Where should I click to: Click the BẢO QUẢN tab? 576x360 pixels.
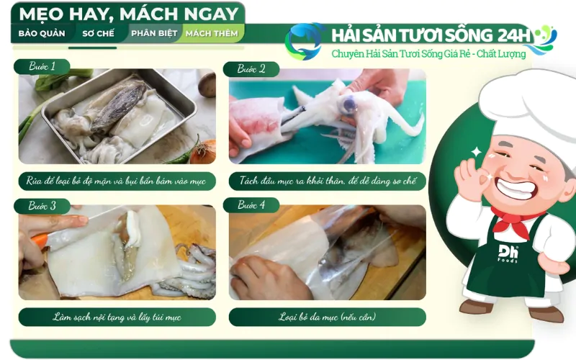pos(42,33)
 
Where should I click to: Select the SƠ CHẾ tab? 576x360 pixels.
pos(99,33)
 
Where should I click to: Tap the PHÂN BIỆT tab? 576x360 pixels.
pos(153,33)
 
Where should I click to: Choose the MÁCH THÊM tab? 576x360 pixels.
pos(212,33)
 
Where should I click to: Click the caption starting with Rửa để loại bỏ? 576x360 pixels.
pos(117,181)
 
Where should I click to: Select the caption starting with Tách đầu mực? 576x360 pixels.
pos(328,181)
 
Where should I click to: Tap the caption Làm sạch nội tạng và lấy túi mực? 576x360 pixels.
pos(117,317)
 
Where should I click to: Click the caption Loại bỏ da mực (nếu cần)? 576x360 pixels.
pos(328,317)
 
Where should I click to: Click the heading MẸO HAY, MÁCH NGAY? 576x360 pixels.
pos(128,14)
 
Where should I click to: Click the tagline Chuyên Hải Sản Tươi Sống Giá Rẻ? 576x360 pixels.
pos(428,54)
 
